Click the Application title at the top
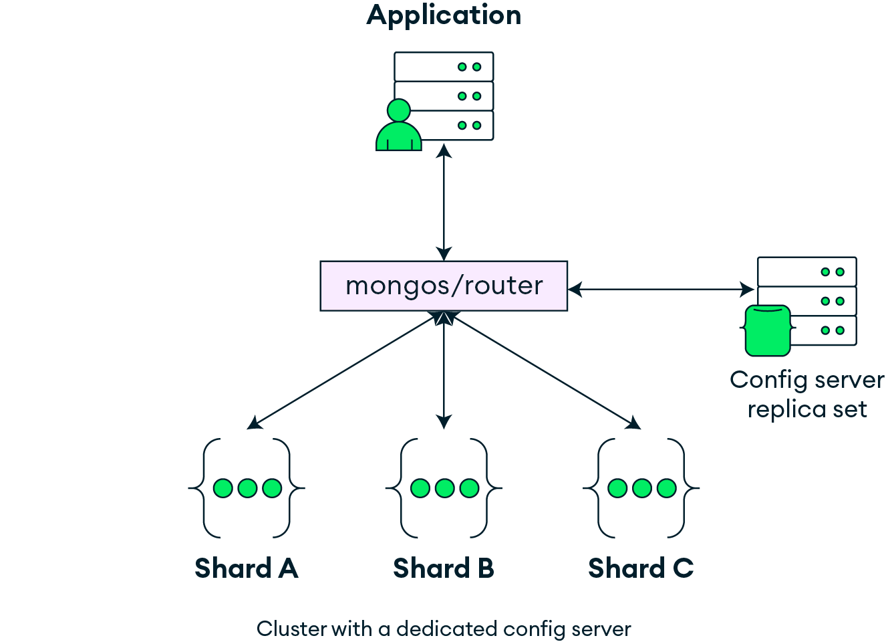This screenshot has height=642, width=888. (444, 15)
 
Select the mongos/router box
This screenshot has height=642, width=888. (444, 286)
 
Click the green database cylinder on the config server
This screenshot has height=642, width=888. (768, 330)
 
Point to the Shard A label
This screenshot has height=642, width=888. (246, 568)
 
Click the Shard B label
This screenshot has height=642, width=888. (444, 568)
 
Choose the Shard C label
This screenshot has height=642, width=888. (641, 568)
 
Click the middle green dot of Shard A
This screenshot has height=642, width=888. (247, 488)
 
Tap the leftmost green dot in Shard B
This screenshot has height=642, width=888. (420, 488)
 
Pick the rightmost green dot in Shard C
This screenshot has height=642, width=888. (667, 488)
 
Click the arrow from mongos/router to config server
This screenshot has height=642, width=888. (661, 289)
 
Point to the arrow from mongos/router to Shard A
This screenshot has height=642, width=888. (344, 372)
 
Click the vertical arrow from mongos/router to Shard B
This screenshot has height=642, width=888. (444, 374)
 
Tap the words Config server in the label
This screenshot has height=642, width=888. (806, 380)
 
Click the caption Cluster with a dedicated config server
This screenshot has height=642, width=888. (444, 629)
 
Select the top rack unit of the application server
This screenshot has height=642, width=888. (444, 67)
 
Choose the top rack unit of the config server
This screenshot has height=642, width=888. (806, 272)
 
